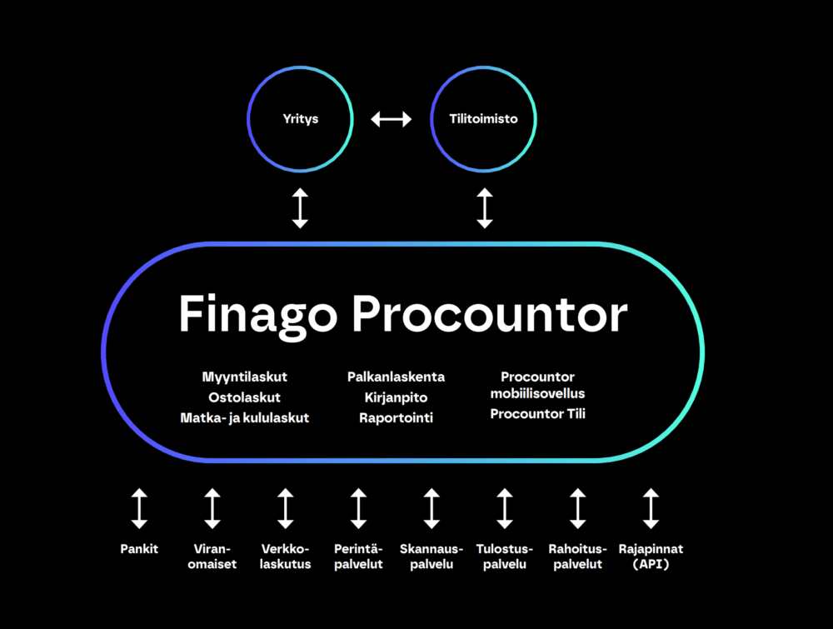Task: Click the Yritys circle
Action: tap(300, 119)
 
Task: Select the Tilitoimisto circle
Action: tap(484, 119)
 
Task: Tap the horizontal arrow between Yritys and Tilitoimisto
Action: tap(392, 119)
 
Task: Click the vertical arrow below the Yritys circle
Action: tap(300, 208)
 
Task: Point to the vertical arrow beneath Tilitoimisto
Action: tap(484, 208)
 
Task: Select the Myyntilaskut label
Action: tap(244, 377)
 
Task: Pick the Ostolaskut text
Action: tap(244, 397)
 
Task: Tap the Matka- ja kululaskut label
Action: tap(244, 417)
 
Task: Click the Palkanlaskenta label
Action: tap(396, 377)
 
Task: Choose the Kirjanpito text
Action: tap(396, 397)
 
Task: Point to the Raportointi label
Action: tap(396, 417)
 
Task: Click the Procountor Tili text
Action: tap(537, 413)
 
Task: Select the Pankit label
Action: tap(138, 549)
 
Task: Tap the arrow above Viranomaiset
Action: tap(212, 508)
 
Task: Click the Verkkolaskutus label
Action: tap(286, 557)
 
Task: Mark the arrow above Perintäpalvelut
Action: tap(358, 508)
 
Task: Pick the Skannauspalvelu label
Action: tap(431, 557)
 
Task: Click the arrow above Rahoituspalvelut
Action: tap(577, 508)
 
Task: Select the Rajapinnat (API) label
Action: tap(651, 557)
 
